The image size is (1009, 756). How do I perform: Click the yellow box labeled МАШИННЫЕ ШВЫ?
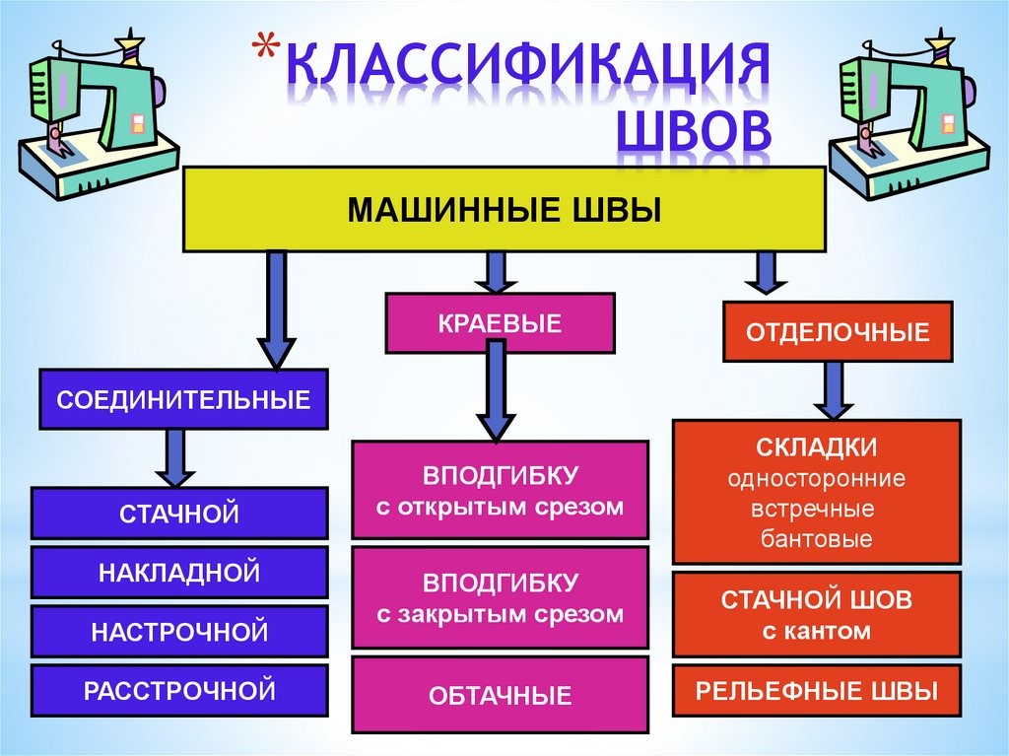(504, 209)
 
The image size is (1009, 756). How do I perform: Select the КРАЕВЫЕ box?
(500, 322)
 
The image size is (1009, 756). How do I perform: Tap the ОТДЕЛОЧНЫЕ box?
(839, 332)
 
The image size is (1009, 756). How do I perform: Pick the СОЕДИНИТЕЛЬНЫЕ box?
(183, 399)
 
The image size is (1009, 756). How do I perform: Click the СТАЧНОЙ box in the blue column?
(179, 513)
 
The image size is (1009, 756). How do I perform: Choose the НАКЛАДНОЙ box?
(179, 572)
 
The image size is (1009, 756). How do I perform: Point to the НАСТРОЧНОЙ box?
(179, 631)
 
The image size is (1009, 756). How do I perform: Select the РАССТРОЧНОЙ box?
(179, 690)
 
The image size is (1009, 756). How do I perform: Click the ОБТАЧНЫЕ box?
(501, 696)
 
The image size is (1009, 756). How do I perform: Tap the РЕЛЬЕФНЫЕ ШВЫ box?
(817, 690)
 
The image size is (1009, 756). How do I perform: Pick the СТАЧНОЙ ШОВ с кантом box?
(817, 614)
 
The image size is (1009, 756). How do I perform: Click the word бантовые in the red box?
(817, 539)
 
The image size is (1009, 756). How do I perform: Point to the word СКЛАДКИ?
(817, 448)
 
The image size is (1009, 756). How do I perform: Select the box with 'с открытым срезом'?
(501, 490)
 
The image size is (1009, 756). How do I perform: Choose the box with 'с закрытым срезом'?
(501, 597)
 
